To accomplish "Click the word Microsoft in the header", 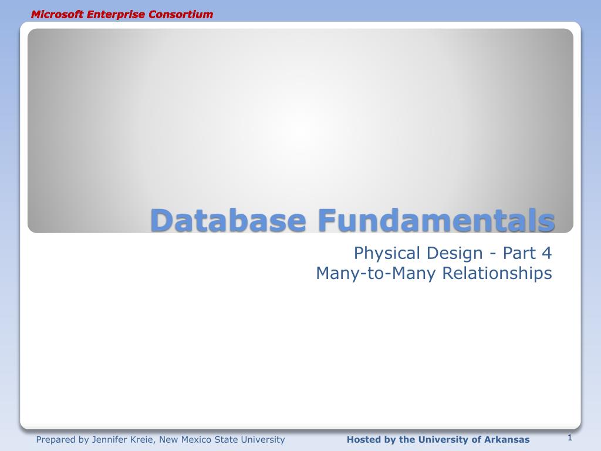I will pyautogui.click(x=57, y=15).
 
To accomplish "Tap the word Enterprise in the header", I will pyautogui.click(x=116, y=15).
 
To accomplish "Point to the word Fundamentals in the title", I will pyautogui.click(x=437, y=220).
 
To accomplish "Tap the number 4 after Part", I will pyautogui.click(x=546, y=253).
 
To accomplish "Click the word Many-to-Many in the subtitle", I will pyautogui.click(x=376, y=274).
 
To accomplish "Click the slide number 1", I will pyautogui.click(x=569, y=437).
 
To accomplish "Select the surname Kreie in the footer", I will pyautogui.click(x=143, y=439).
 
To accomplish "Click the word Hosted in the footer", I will pyautogui.click(x=363, y=439).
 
